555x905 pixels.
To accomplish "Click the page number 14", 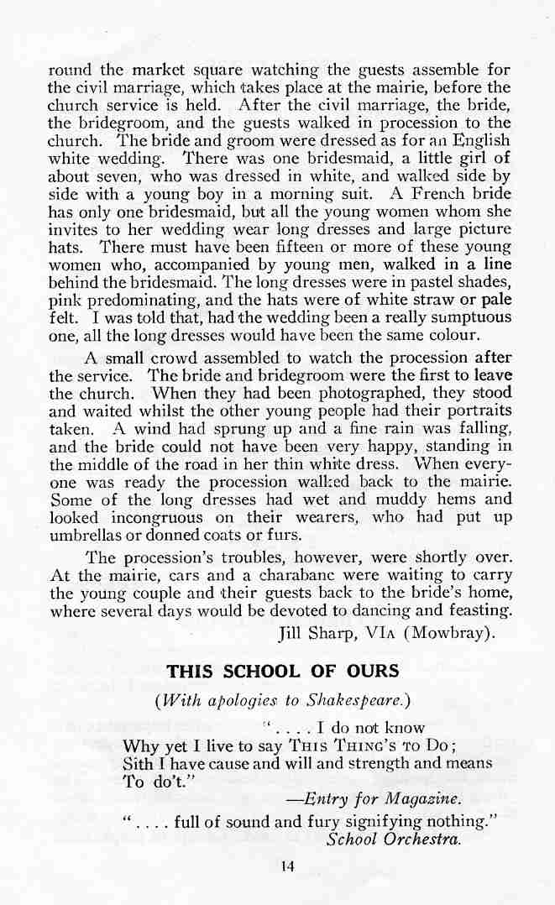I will (288, 868).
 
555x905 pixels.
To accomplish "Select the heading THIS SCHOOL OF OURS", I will (282, 672).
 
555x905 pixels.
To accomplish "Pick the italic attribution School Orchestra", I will (394, 839).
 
